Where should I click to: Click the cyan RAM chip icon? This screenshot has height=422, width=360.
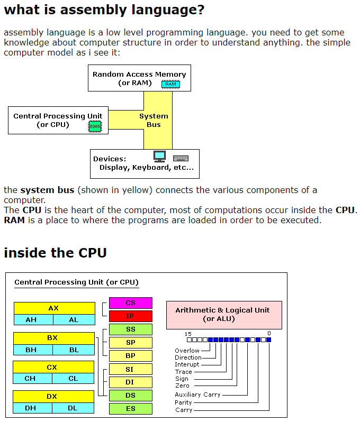point(170,84)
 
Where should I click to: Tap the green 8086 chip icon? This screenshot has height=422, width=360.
point(95,126)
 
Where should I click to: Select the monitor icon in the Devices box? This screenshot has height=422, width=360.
point(159,157)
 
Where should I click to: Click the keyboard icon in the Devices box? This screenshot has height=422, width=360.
point(181,158)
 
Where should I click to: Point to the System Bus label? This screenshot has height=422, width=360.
point(154,121)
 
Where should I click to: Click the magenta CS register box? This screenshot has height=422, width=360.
point(130,303)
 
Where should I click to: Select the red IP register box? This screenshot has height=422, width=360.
point(130,316)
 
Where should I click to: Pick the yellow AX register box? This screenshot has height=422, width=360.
point(53,308)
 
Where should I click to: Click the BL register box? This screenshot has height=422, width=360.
point(74,350)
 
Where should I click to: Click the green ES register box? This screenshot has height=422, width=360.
point(130,409)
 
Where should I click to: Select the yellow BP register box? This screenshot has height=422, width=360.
point(130,356)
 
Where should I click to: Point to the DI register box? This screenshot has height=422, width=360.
point(130,382)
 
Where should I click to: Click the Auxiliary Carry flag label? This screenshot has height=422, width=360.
point(197,395)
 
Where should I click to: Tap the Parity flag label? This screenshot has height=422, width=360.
point(183,402)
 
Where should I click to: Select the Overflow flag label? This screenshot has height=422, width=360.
point(187,351)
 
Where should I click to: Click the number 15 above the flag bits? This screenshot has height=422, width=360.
point(188,334)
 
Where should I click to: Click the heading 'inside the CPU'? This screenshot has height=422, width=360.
point(55,253)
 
